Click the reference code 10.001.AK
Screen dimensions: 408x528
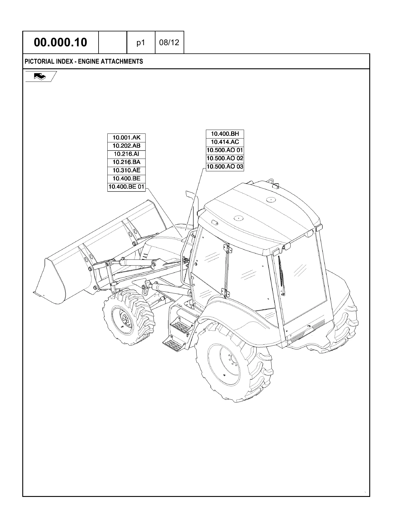point(126,137)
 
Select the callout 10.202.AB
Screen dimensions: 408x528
point(126,145)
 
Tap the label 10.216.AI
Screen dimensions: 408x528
point(126,154)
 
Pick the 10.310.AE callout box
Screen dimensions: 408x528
point(126,170)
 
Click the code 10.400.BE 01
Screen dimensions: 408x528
point(126,187)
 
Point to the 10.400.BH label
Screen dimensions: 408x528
point(225,134)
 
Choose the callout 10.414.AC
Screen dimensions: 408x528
point(225,142)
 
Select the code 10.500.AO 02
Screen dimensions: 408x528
point(225,158)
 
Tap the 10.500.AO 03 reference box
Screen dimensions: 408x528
point(225,167)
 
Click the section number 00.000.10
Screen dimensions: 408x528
point(60,43)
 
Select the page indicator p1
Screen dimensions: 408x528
point(141,43)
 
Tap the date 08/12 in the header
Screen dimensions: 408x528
point(169,43)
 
